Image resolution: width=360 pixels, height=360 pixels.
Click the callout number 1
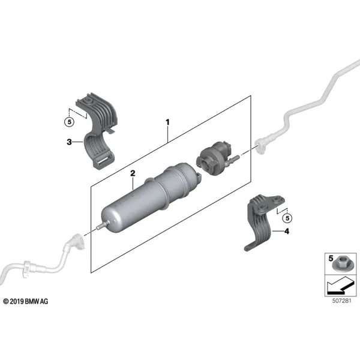(x=167, y=122)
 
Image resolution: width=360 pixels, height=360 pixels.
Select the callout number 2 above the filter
(x=133, y=173)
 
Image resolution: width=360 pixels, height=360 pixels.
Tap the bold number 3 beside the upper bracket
(x=69, y=142)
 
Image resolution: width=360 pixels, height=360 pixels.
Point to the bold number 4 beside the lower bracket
(x=287, y=231)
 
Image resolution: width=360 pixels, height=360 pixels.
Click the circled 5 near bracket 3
(x=70, y=122)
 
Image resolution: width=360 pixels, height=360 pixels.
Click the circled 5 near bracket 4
(x=287, y=218)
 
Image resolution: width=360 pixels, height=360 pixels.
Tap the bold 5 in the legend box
(x=331, y=258)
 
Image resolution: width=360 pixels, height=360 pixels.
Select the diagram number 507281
(x=341, y=301)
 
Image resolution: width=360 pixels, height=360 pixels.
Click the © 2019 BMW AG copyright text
(x=26, y=301)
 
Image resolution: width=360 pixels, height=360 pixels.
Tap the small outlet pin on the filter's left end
(x=102, y=225)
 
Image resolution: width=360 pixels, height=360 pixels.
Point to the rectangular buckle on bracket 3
(x=104, y=160)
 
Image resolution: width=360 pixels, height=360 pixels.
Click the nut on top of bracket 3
(x=88, y=100)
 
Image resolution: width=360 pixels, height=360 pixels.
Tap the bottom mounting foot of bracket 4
(x=250, y=247)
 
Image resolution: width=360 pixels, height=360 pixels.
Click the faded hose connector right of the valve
(x=260, y=145)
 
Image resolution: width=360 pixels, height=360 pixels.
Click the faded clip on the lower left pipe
(x=26, y=268)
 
